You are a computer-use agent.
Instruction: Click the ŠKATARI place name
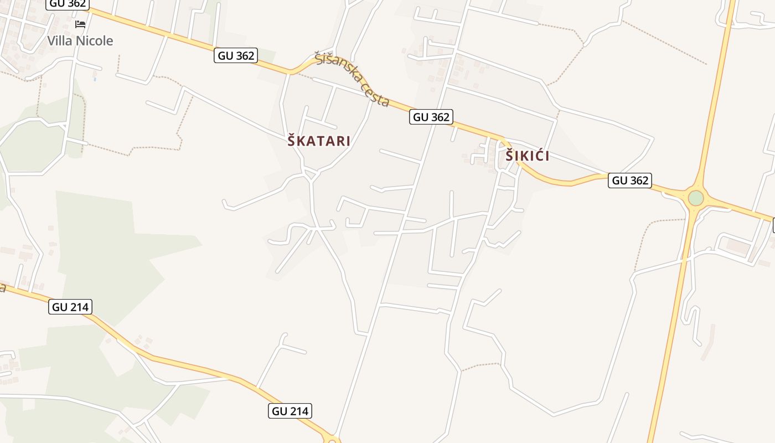[319, 141]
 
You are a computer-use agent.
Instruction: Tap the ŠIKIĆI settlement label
[527, 156]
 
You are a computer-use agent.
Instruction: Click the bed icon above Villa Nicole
[80, 24]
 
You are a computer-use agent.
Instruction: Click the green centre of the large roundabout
[696, 198]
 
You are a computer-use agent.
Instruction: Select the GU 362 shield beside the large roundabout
[629, 180]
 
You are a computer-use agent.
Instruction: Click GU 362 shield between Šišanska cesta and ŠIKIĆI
[431, 117]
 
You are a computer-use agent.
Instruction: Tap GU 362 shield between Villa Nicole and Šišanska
[236, 55]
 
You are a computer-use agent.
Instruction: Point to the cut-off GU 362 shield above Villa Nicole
[68, 4]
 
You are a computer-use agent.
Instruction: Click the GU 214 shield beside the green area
[70, 306]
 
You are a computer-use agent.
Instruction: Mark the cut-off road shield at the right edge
[773, 225]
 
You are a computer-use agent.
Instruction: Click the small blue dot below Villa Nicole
[95, 79]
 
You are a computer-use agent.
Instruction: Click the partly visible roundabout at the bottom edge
[333, 440]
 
